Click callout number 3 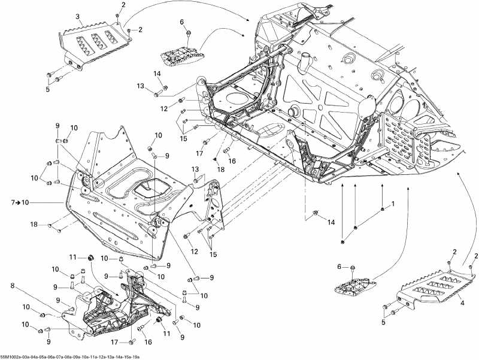tap(77, 16)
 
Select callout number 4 tap(462, 302)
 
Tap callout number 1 tap(393, 205)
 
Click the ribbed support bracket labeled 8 tap(111, 308)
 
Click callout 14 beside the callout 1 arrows tap(331, 222)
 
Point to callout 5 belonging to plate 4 tap(384, 322)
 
